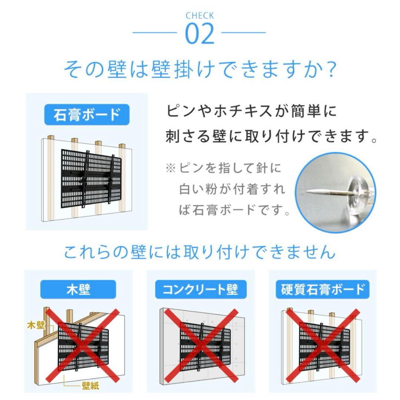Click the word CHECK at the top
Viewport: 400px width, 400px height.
click(200, 16)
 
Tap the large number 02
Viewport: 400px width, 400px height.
click(200, 34)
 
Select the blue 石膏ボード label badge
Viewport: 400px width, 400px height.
click(87, 115)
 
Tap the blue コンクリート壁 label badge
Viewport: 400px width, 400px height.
click(200, 289)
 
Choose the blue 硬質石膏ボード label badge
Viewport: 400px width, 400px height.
click(323, 289)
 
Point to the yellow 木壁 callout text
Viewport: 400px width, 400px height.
click(36, 326)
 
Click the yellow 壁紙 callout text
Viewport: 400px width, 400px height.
click(90, 386)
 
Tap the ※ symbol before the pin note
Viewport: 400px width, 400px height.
click(171, 169)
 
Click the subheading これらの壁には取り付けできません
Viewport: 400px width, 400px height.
click(200, 252)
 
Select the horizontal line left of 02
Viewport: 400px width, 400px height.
click(154, 33)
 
